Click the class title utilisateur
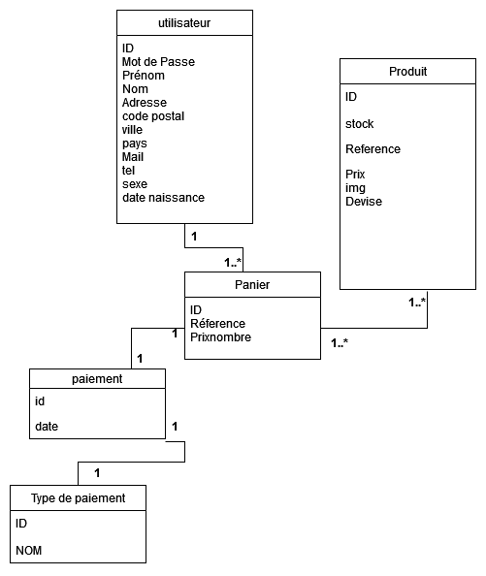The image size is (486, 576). [184, 23]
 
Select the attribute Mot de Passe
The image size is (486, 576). [158, 62]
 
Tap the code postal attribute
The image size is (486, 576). [153, 116]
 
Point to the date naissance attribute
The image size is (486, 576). [164, 198]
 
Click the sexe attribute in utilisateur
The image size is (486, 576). [135, 184]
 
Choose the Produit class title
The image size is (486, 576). [407, 71]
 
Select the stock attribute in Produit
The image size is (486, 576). [359, 124]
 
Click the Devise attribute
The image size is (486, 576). [364, 202]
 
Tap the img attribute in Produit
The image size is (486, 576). [355, 188]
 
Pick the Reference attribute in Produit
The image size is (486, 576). [373, 149]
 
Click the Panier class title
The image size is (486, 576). [252, 285]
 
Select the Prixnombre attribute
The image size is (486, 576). [221, 337]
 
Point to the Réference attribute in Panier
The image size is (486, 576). [218, 324]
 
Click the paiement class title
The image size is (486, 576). [97, 379]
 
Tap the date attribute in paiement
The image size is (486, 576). [47, 427]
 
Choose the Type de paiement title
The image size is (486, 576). [78, 498]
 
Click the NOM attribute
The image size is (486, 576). [29, 550]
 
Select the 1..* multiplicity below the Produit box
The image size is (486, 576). [417, 303]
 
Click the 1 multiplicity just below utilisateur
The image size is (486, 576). [194, 237]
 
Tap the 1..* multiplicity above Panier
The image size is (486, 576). [233, 262]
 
